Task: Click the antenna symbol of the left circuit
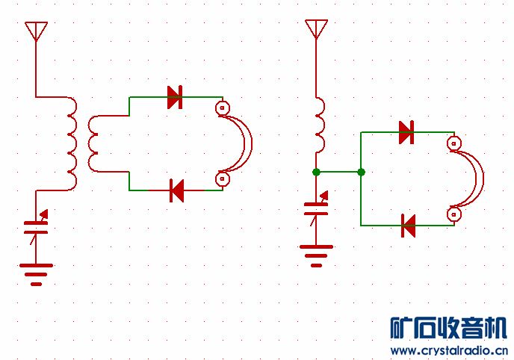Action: click(36, 31)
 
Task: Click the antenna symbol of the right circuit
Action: click(316, 29)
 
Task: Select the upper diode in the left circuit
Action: click(175, 97)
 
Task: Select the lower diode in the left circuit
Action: click(176, 190)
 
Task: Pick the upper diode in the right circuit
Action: click(406, 132)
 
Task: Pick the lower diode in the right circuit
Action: click(408, 225)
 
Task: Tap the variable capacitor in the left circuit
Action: click(36, 226)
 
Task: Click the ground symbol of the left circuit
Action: click(36, 273)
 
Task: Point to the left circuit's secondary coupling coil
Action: click(93, 143)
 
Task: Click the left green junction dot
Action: click(317, 172)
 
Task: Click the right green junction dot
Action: click(362, 172)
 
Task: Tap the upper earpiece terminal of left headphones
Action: click(222, 108)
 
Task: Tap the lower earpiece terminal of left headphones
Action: click(222, 179)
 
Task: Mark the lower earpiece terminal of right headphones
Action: click(452, 214)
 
